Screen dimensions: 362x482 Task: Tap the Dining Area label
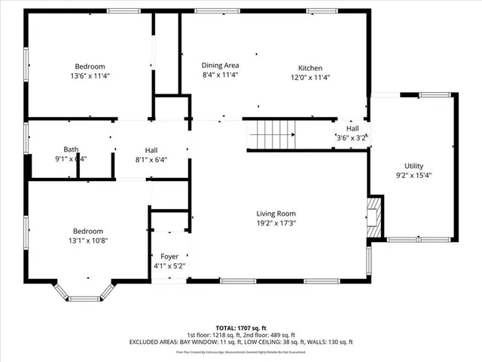coord(220,66)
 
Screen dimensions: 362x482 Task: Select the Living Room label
coord(275,213)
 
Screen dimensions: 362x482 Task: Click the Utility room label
coord(413,166)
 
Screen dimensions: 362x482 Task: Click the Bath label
coord(71,149)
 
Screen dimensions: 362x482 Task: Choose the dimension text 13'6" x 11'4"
coord(89,76)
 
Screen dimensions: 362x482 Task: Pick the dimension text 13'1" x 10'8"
coord(88,241)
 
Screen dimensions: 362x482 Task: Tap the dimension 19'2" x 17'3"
coord(275,224)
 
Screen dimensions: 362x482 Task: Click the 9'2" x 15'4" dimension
coord(413,176)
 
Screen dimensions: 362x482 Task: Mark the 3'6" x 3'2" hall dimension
coord(352,138)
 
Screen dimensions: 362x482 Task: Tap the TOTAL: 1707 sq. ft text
coord(240,328)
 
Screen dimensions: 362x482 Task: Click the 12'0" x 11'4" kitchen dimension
coord(310,77)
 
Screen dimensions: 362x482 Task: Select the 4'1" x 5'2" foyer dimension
coord(169,265)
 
